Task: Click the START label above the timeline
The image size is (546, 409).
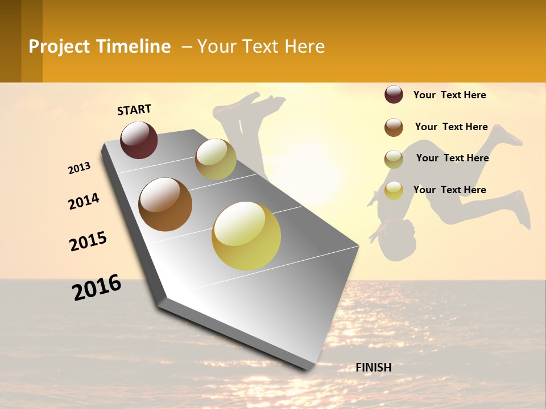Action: pos(134,110)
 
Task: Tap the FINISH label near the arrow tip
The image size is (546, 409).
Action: pos(374,368)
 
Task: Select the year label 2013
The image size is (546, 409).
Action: pos(80,168)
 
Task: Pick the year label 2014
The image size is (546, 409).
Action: pos(84,202)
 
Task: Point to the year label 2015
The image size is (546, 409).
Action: pos(88,241)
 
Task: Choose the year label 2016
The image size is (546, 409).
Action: pos(97,287)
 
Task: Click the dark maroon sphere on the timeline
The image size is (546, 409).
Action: pos(139,140)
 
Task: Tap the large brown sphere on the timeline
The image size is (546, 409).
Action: pos(166,204)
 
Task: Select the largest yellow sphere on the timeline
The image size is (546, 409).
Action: pos(246,236)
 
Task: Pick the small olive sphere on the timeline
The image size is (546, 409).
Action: pos(216,159)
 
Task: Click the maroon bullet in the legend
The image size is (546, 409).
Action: pos(394,95)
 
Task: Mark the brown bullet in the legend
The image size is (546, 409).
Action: pos(394,127)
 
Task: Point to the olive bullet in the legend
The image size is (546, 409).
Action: pos(394,159)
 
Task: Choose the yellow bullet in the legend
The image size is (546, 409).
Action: pos(394,190)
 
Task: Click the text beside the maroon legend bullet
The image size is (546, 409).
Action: pos(449,95)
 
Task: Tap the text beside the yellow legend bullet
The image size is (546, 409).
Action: pos(449,190)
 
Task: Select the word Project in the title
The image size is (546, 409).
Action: pos(59,47)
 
